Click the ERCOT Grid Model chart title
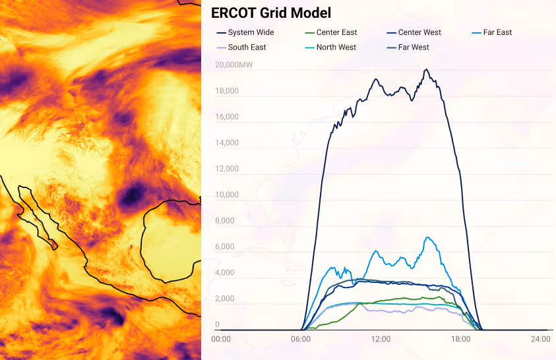271,13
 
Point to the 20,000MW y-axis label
233,65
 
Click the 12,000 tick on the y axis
228,169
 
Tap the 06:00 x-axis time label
301,339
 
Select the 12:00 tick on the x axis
381,339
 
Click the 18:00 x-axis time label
460,339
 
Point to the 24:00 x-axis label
540,339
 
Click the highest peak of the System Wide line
427,69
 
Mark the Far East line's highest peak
429,237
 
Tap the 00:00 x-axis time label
221,339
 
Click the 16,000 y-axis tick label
228,117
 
